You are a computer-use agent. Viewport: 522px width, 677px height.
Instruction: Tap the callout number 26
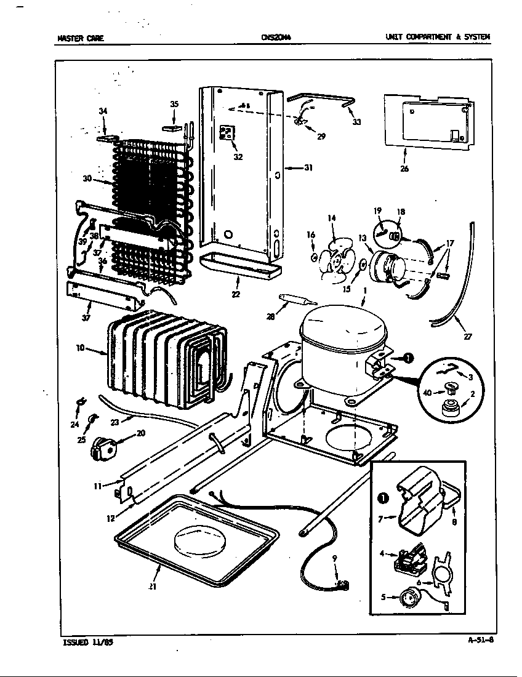tap(404, 168)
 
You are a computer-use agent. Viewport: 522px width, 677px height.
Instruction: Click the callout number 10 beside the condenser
tap(80, 348)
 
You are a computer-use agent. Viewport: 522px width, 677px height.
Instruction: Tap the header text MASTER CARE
tap(80, 38)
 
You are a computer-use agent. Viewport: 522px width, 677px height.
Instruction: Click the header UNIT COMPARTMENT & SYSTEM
tap(438, 38)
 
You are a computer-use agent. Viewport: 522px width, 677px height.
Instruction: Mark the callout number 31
tap(308, 167)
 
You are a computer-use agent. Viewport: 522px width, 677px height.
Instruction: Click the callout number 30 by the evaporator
tap(87, 179)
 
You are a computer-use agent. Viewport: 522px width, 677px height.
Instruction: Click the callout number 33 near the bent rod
tap(357, 122)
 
